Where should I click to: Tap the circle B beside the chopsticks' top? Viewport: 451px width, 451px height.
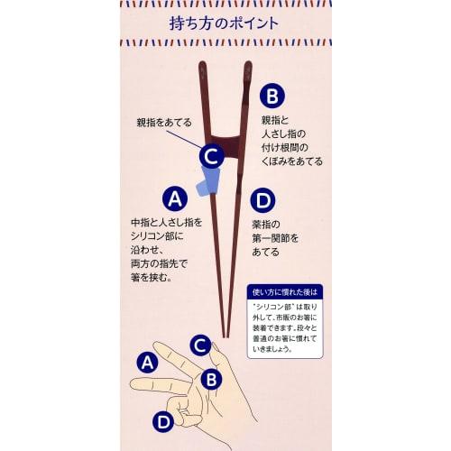tap(272, 97)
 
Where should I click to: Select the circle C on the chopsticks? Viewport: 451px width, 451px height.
tap(211, 156)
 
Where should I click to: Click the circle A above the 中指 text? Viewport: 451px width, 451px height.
tap(175, 198)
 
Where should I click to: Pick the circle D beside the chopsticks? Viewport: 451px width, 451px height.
tap(262, 199)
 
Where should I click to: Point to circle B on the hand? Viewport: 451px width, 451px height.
tap(211, 380)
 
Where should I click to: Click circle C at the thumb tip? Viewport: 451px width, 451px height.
tap(201, 344)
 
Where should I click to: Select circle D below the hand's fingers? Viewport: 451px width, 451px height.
tap(162, 421)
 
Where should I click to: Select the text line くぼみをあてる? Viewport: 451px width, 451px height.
tap(291, 161)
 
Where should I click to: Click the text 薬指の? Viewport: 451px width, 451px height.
tap(266, 224)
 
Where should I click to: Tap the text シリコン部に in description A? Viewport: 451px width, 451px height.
tap(157, 235)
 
